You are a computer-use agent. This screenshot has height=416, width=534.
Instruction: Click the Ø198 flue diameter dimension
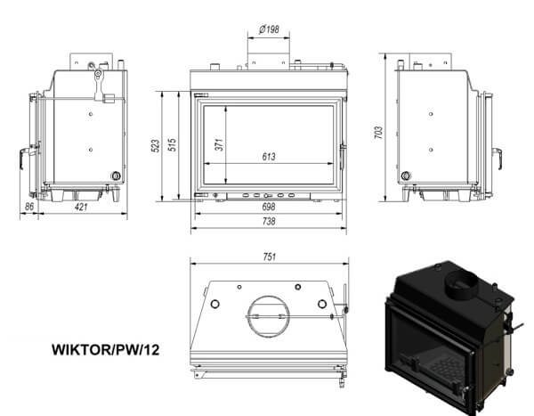(x=269, y=29)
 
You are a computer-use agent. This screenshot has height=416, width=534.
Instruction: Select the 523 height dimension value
(x=155, y=145)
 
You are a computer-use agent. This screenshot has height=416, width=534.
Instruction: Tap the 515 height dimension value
(x=173, y=145)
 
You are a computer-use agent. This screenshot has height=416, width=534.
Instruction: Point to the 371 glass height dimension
(x=220, y=144)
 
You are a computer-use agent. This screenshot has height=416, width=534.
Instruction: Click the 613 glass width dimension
(x=269, y=157)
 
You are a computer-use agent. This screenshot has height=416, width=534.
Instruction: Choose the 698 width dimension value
(x=269, y=207)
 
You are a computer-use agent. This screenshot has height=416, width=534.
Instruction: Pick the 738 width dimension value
(x=269, y=221)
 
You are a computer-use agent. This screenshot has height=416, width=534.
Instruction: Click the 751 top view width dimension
(x=270, y=257)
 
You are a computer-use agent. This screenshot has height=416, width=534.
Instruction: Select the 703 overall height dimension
(x=378, y=133)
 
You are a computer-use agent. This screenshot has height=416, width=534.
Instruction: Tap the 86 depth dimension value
(x=29, y=207)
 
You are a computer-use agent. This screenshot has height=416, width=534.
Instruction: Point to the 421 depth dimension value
(x=81, y=207)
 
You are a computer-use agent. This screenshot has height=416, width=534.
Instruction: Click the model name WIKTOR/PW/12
(x=106, y=350)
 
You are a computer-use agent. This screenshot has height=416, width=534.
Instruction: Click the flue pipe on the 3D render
(x=461, y=284)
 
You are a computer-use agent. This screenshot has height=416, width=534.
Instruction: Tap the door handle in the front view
(x=343, y=157)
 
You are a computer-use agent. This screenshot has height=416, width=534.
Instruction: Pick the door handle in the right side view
(x=498, y=158)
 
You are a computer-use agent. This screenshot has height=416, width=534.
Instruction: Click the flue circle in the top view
(x=269, y=316)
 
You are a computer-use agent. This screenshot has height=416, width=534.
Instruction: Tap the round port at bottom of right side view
(x=406, y=176)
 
